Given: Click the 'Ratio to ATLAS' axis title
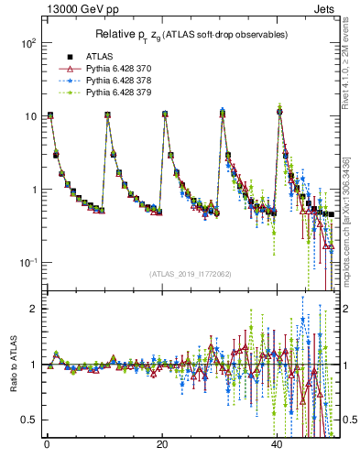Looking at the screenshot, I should click(x=12, y=365).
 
